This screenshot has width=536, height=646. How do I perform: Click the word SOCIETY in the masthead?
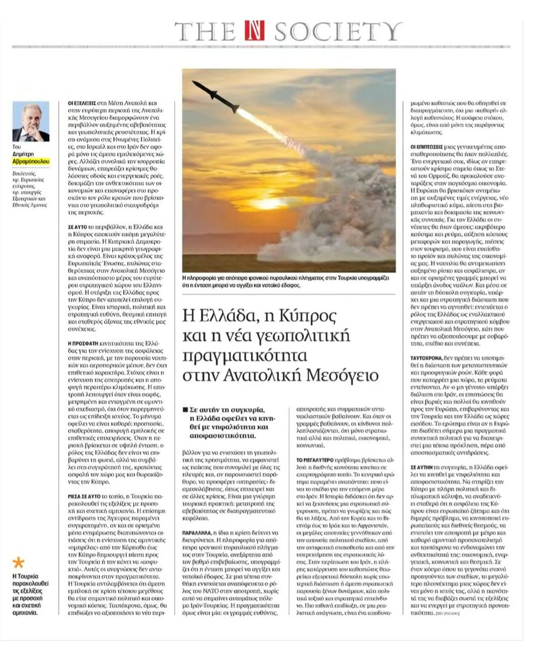coord(338,32)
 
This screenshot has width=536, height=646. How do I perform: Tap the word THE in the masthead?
coord(205,32)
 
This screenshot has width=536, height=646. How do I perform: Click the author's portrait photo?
coord(31,122)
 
